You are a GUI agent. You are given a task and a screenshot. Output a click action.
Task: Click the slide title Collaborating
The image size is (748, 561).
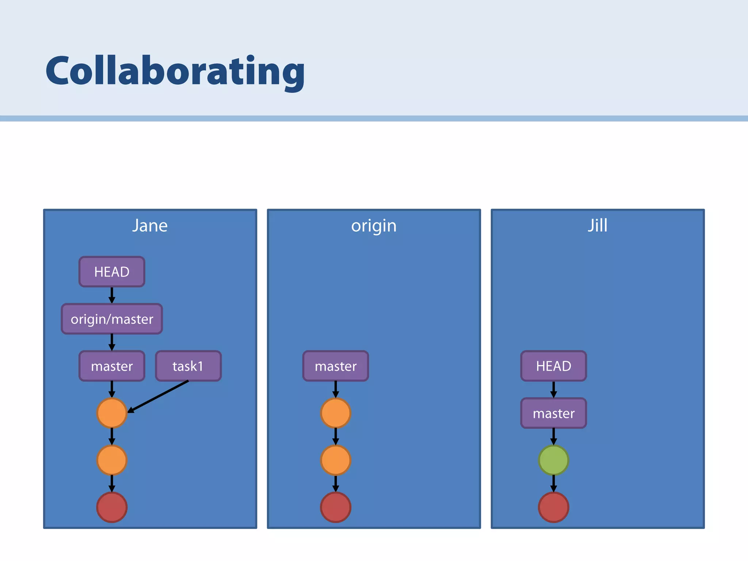coord(175,71)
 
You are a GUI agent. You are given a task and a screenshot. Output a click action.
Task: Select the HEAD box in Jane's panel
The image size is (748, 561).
coord(112,272)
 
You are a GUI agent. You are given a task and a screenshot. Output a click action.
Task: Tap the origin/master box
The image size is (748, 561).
coord(112,319)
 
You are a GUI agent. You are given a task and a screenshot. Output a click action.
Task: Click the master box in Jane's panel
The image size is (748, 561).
coord(112,366)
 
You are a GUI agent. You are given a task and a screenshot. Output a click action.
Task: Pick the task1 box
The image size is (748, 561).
coord(188,366)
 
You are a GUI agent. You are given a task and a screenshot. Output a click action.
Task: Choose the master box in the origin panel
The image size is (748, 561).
coord(336,366)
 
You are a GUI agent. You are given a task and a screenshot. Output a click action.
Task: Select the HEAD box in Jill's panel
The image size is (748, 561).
coord(553,366)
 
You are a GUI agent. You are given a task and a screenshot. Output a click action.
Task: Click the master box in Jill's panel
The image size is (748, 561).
coord(553,413)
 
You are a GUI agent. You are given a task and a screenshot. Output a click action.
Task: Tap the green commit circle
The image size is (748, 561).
coord(553,460)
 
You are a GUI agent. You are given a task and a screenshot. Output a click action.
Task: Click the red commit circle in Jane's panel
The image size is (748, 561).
coord(112,507)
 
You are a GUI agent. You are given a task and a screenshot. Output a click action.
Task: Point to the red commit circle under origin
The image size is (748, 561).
coord(336,507)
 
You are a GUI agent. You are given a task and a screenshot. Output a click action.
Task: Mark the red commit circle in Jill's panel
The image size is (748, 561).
coord(553,507)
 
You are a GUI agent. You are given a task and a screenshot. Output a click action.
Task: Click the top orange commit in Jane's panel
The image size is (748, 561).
coord(112,413)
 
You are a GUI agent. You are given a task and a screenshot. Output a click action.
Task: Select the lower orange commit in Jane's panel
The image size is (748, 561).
coord(112,460)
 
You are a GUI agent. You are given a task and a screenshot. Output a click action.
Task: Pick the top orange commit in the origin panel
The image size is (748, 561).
coord(336,413)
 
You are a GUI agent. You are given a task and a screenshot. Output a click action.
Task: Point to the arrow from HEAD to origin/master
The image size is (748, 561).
coord(112,295)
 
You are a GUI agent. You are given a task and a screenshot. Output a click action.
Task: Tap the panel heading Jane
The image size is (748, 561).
coord(150,226)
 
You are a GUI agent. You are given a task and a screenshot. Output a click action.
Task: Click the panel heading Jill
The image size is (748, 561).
coord(598,225)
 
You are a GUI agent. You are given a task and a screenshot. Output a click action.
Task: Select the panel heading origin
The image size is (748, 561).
coord(374,226)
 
